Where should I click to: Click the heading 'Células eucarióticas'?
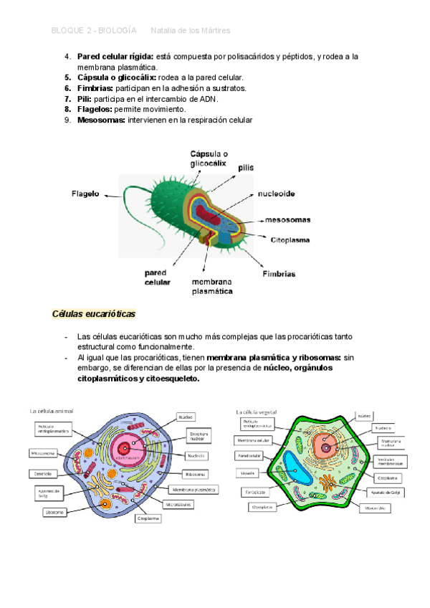tap(94, 314)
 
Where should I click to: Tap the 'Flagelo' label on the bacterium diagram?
tap(85, 193)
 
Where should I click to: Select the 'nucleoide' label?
tap(277, 194)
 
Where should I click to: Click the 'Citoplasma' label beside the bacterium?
tap(291, 242)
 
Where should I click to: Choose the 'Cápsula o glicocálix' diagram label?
tap(209, 158)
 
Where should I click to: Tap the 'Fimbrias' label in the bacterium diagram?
tap(279, 274)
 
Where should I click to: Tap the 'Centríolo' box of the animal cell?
tap(41, 473)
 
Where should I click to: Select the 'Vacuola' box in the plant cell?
tap(248, 473)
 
